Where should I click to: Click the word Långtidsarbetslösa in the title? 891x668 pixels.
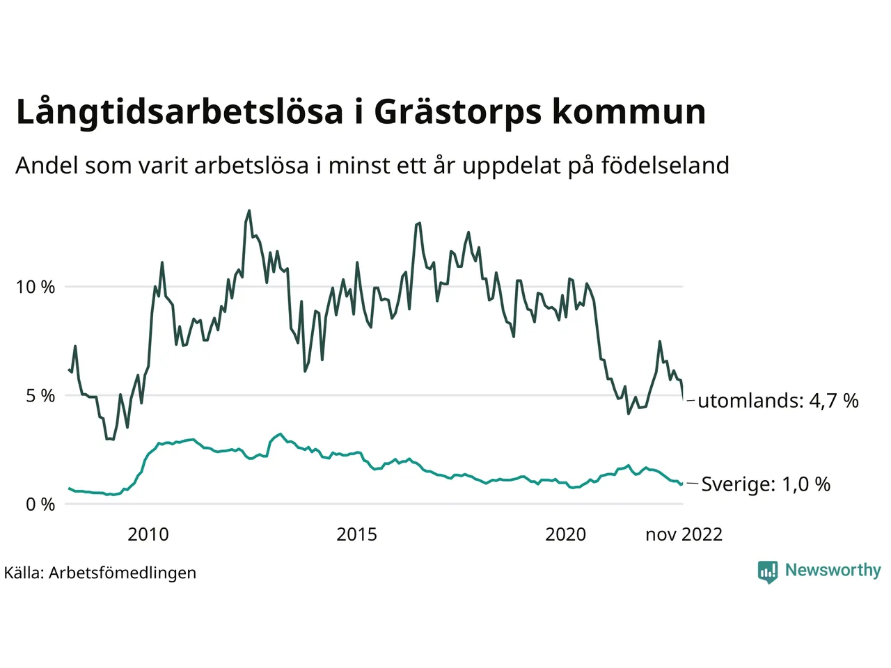tap(180, 113)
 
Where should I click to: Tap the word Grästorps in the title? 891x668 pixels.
tap(457, 113)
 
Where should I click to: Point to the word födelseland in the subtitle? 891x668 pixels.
tap(665, 166)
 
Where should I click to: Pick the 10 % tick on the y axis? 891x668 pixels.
tap(36, 287)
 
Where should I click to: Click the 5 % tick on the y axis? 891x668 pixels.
tap(40, 396)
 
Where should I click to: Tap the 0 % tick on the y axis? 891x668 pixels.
tap(40, 504)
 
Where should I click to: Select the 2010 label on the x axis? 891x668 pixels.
tap(148, 534)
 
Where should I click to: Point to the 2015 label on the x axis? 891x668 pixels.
tap(356, 534)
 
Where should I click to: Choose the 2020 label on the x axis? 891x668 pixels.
tap(565, 534)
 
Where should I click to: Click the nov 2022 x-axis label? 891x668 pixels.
tap(684, 534)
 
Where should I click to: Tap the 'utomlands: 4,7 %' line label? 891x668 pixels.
tap(778, 401)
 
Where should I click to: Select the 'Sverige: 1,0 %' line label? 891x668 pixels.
tap(765, 484)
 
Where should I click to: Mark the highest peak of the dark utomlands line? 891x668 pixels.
tap(249, 211)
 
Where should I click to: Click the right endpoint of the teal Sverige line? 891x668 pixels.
tap(682, 483)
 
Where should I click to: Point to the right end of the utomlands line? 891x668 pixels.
tap(683, 399)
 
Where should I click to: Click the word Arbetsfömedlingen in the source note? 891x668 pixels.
tap(123, 573)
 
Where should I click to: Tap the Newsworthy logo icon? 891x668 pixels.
tap(768, 571)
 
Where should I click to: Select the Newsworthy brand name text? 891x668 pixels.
tap(833, 571)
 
